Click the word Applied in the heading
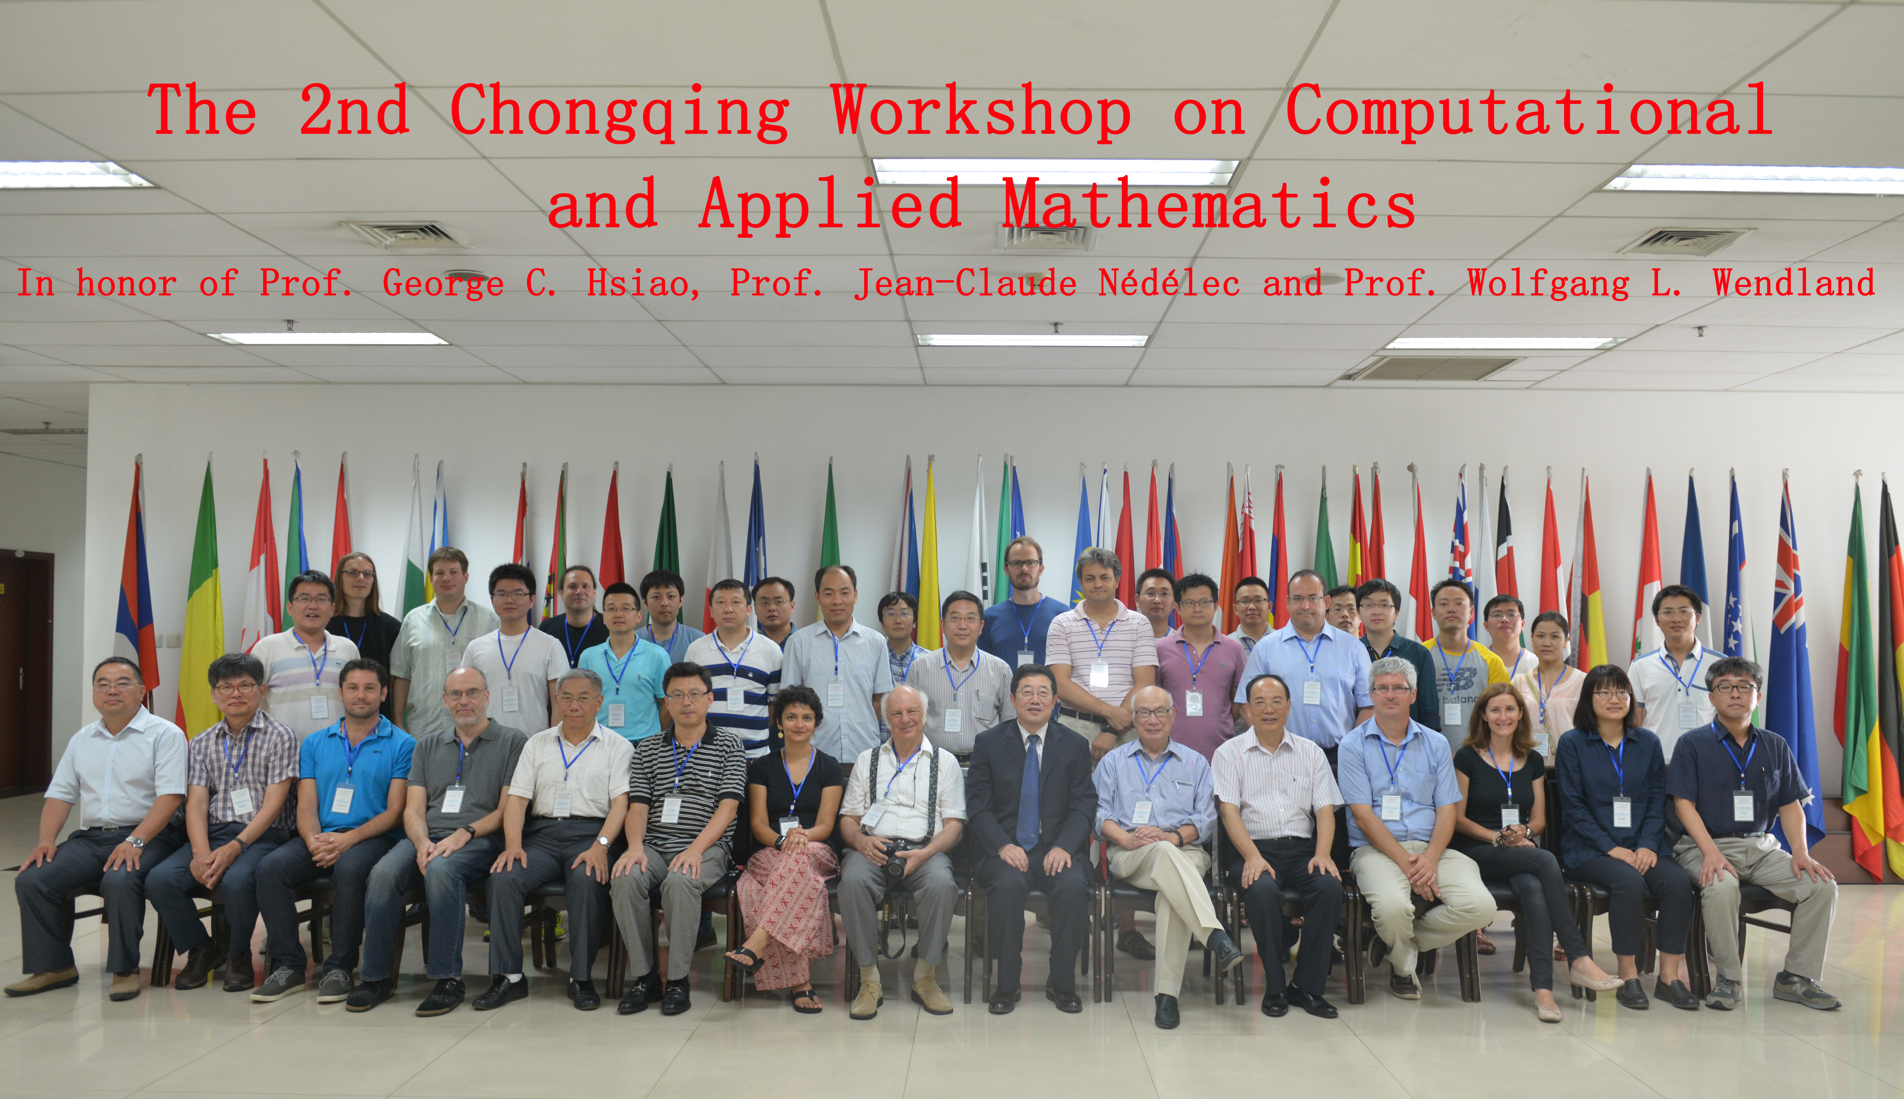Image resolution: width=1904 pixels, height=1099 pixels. point(830,205)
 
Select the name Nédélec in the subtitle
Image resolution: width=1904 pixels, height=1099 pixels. point(1168,283)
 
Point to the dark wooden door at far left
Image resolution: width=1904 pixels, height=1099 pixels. point(26,672)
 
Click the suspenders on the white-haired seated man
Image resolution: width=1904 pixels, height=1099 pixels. point(906,789)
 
